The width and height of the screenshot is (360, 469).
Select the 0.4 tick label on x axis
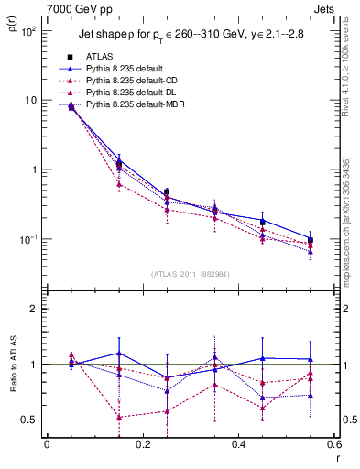[238, 446]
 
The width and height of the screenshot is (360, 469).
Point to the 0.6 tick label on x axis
[333, 446]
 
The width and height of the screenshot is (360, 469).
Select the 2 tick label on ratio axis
[33, 309]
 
